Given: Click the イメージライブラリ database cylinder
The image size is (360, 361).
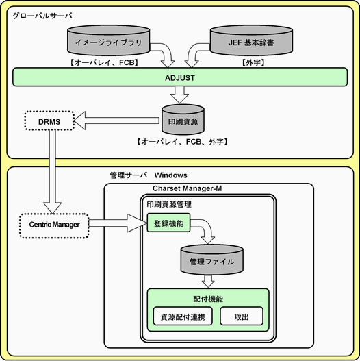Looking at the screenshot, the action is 109,40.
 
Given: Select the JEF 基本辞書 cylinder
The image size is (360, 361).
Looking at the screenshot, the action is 251,40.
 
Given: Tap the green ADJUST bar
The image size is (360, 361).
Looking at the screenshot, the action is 180,77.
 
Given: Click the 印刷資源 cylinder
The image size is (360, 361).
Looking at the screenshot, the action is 183,120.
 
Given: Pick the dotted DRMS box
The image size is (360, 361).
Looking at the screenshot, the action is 49,121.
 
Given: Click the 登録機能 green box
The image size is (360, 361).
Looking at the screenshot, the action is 168,223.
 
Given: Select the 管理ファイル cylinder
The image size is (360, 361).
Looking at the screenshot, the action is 212,260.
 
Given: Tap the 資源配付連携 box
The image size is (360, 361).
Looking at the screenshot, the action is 183,316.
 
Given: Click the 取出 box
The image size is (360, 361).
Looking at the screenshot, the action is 242,316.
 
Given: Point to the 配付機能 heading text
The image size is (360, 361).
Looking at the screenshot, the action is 208,299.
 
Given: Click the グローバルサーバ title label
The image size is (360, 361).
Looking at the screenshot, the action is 42,16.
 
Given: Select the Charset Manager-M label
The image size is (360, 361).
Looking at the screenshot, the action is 188,188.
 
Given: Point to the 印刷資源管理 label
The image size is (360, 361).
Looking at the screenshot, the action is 169,204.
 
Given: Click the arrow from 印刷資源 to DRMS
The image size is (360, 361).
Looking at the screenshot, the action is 116,121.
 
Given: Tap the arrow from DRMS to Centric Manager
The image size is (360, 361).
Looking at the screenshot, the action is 53,171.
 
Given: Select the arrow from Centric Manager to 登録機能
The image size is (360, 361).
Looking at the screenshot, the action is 118,223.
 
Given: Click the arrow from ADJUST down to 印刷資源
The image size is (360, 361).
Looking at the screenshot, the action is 179,95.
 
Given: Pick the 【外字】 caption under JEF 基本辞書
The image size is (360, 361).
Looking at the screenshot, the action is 253,62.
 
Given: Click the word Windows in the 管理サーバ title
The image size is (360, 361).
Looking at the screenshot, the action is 171,175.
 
